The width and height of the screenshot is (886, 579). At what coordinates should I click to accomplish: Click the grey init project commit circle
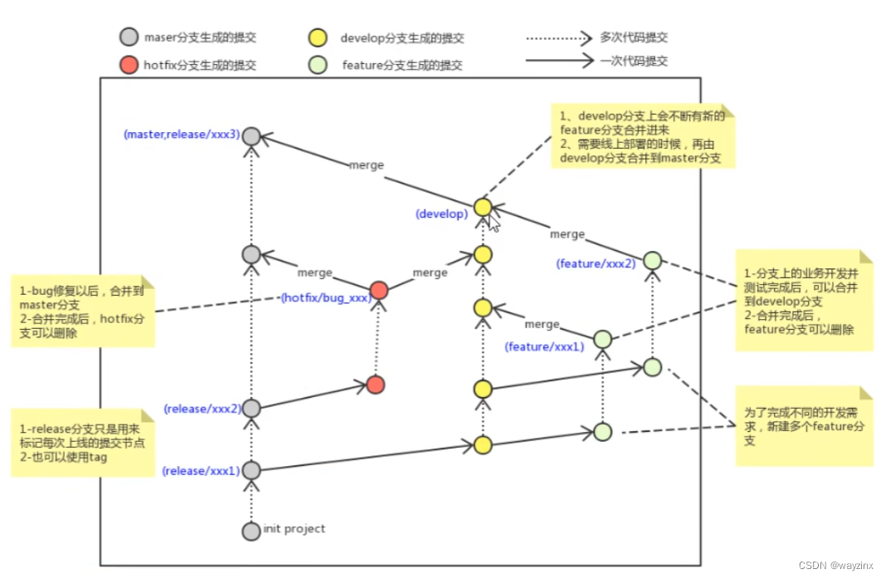[251, 530]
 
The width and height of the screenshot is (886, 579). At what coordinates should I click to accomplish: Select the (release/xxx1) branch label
[201, 471]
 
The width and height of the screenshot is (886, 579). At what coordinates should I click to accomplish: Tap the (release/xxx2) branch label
[201, 409]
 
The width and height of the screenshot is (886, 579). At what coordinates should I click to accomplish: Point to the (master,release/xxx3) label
[182, 134]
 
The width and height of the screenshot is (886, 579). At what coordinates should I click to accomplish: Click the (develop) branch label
[442, 213]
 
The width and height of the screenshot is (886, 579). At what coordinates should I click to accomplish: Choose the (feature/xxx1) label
[545, 346]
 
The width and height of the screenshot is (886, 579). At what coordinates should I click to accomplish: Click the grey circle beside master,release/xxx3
[251, 136]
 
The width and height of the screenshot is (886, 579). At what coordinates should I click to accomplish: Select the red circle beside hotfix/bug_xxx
[379, 290]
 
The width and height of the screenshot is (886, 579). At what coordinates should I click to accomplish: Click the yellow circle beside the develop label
[482, 207]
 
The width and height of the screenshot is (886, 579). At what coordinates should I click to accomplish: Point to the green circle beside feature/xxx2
[652, 261]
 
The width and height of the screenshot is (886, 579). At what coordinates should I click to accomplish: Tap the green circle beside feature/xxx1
[603, 339]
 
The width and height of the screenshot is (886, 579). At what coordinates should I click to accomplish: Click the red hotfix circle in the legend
[128, 65]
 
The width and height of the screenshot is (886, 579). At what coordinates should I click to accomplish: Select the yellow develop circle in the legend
[316, 37]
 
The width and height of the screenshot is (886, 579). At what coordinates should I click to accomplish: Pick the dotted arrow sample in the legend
[557, 37]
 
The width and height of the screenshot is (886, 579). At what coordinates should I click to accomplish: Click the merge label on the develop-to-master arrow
[366, 164]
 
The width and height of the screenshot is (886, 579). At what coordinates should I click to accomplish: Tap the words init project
[294, 528]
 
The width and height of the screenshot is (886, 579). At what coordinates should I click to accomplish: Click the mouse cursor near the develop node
[493, 223]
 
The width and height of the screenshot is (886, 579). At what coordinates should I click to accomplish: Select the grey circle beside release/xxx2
[251, 408]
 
